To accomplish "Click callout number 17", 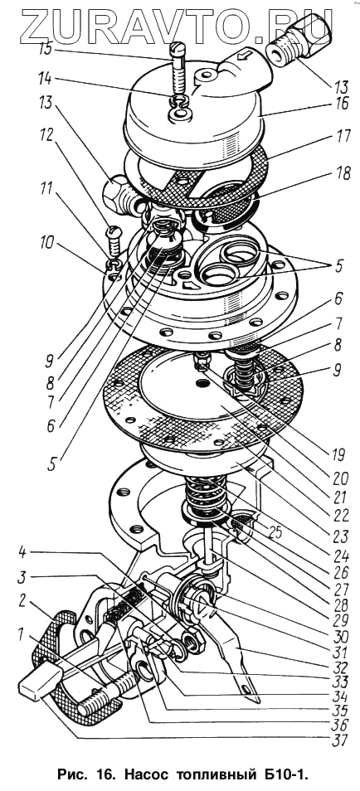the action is coord(341,138).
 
